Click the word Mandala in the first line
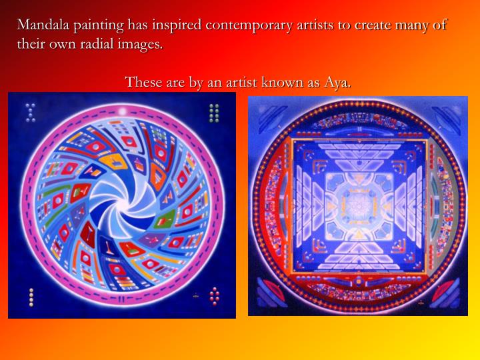(45, 25)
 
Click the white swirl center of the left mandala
(121, 204)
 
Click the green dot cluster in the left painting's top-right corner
(214, 113)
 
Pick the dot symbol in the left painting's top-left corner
(29, 112)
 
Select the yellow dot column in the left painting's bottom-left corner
(31, 297)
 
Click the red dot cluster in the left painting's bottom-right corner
(215, 295)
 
